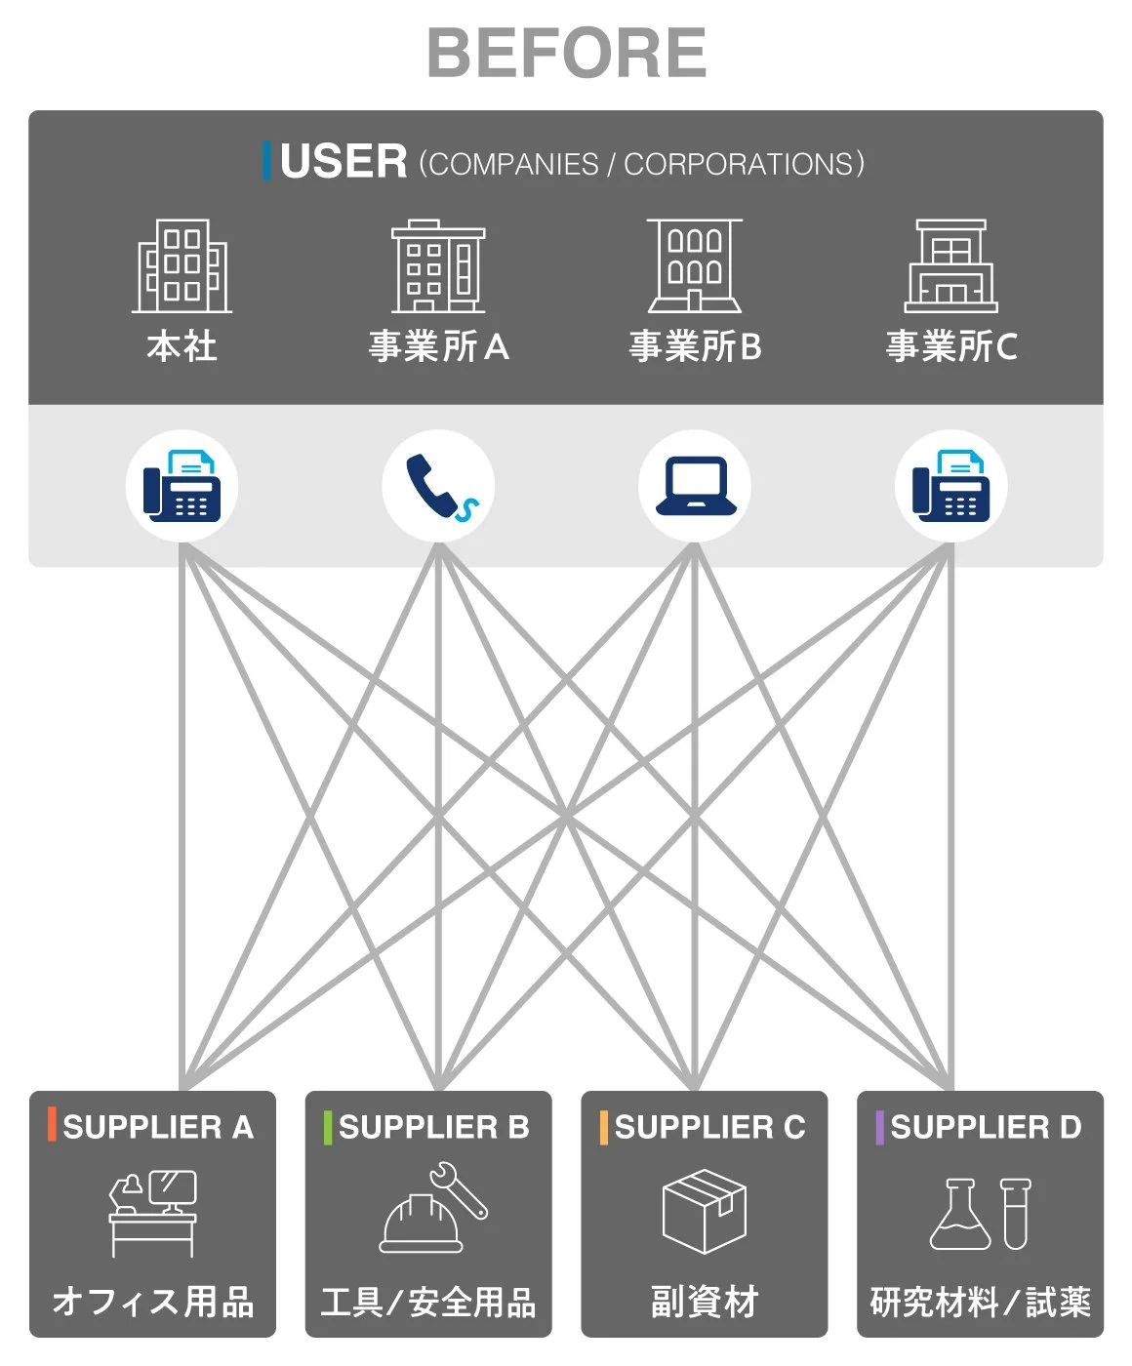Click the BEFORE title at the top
point(567,53)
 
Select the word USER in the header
point(344,161)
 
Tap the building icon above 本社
point(182,265)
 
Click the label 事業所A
point(438,346)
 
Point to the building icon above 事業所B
point(695,265)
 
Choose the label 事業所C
point(951,346)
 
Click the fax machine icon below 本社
point(182,486)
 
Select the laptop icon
point(696,486)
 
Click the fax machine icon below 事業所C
point(950,486)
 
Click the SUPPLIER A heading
point(158,1127)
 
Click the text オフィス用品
point(153,1302)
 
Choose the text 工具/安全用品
point(428,1302)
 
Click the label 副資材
point(705,1302)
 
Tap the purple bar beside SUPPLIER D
point(880,1127)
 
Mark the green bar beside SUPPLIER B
point(328,1127)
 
